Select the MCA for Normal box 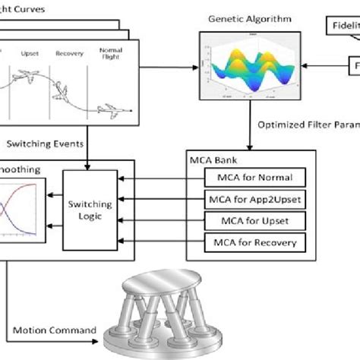[254, 179]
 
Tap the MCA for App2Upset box [254, 201]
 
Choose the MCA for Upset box [254, 222]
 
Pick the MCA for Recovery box [254, 243]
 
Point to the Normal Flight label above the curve [111, 55]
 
